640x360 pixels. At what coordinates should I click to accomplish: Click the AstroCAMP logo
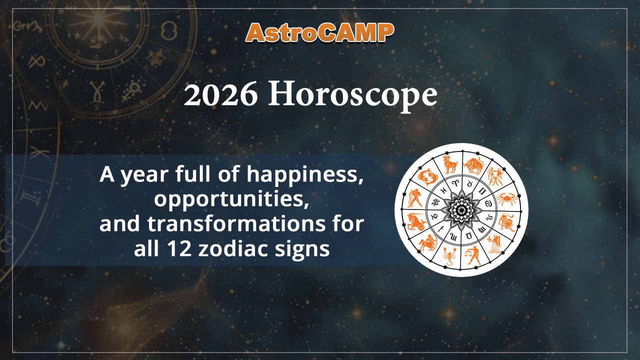320,33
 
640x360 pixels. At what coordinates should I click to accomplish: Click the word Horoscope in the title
352,95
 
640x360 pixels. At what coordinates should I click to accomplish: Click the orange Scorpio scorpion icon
449,255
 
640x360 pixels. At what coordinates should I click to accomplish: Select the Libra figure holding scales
473,255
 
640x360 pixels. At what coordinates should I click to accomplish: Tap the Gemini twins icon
495,176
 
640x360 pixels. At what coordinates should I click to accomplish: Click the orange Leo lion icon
506,221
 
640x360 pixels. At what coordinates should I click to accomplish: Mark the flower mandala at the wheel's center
461,209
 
